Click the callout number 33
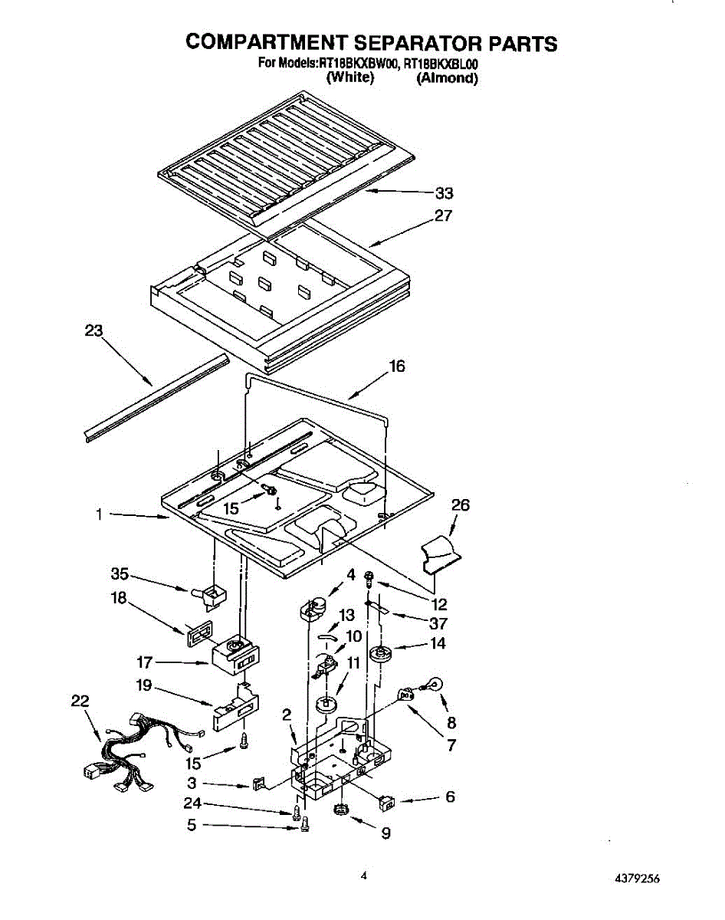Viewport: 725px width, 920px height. pos(444,193)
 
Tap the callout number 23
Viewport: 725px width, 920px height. pos(93,331)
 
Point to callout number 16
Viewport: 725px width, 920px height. pos(397,366)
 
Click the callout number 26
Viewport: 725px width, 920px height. pos(461,505)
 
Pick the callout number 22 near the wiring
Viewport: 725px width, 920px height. pos(79,701)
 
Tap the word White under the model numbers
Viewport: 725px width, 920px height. pos(349,78)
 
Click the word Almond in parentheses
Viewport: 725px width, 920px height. pos(447,78)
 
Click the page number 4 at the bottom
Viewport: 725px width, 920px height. pos(364,875)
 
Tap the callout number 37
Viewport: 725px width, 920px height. pos(438,624)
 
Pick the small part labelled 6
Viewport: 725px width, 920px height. pos(385,802)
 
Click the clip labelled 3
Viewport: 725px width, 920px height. pos(258,783)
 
